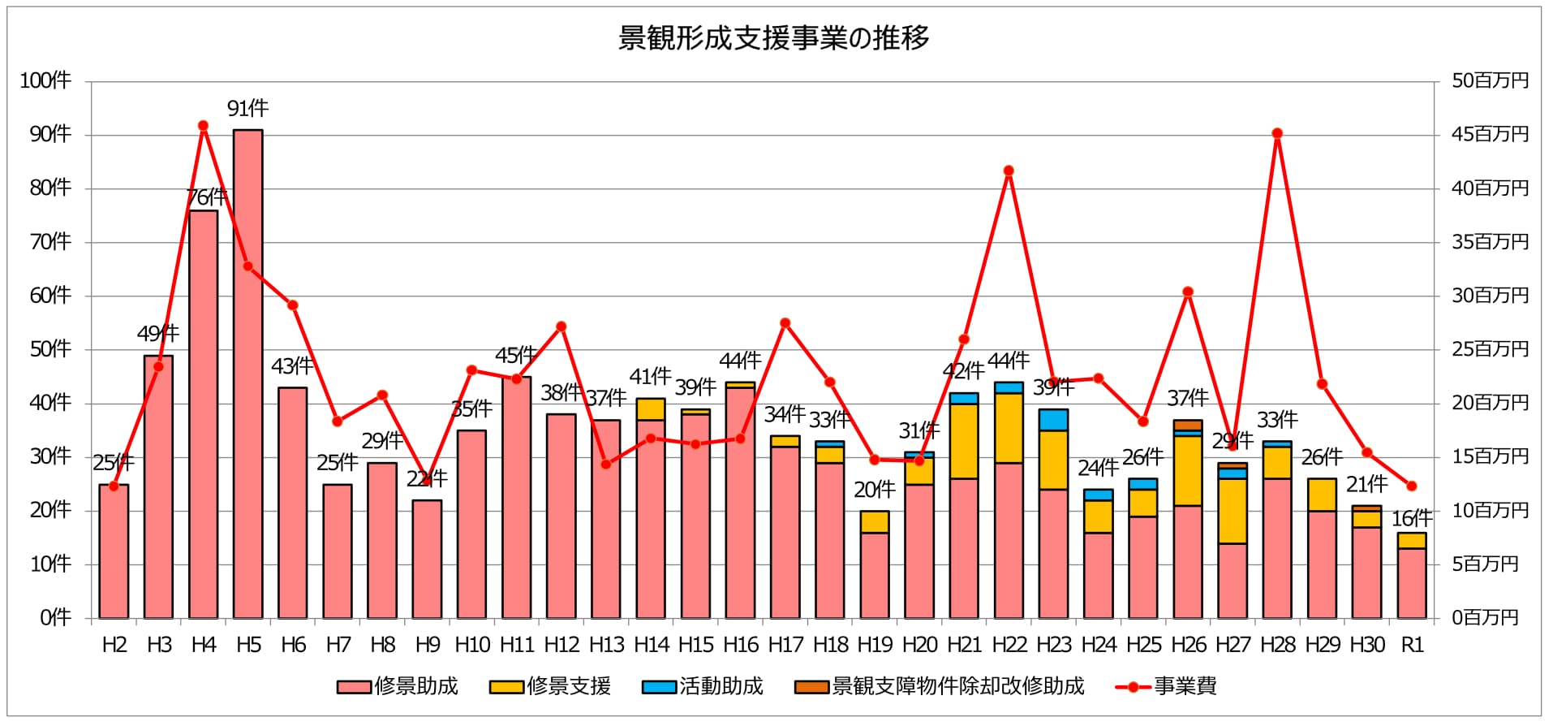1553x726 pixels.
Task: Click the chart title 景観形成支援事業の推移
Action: coord(773,38)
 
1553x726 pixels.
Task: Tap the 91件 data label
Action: coord(247,108)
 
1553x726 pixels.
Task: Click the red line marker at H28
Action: coord(1277,133)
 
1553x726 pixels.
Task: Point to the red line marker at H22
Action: coord(1009,171)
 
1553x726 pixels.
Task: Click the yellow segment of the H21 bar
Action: coord(964,441)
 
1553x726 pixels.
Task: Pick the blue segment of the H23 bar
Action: coord(1053,420)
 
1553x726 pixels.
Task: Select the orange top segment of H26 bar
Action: coord(1188,426)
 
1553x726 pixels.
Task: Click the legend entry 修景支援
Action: coord(551,686)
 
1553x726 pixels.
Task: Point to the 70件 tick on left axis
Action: coord(50,242)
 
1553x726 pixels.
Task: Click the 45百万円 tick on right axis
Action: coord(1490,134)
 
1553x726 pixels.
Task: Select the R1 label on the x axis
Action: coord(1412,645)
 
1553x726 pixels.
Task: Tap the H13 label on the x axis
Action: coord(606,645)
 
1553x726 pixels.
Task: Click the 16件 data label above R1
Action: coord(1412,518)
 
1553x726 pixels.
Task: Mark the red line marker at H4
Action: coord(204,126)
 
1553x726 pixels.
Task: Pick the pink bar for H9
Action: coord(427,560)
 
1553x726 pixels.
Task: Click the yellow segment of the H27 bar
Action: coord(1233,511)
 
